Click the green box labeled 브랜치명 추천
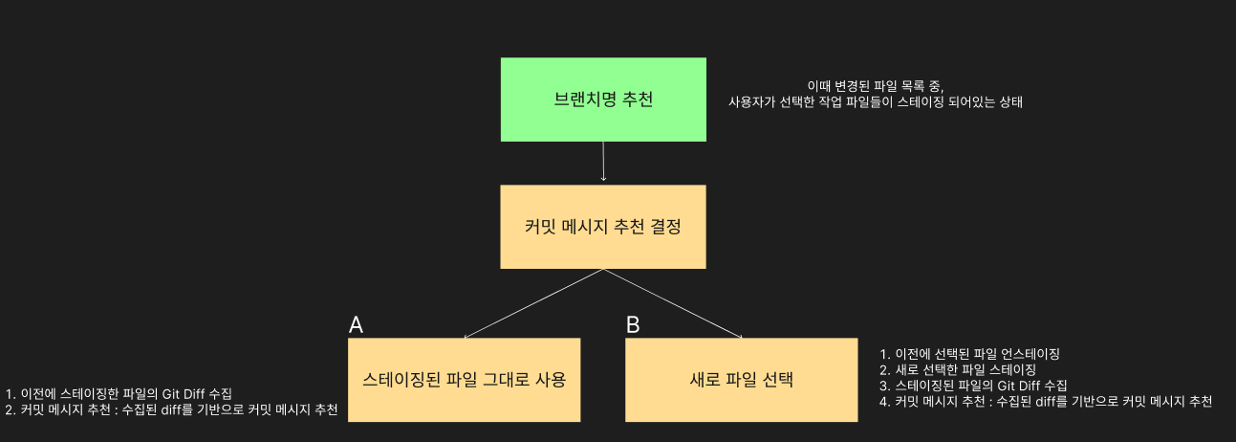603,99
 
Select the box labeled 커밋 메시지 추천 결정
603,227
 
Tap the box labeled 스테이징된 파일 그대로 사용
465,380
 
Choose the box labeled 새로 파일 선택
742,380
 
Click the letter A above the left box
356,325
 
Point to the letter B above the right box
633,325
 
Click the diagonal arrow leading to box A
533,303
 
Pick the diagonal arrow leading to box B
673,303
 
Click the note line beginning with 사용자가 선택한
875,101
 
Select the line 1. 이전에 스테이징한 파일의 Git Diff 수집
119,393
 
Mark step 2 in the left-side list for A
171,409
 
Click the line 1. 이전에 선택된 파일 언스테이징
969,353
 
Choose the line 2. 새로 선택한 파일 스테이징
957,368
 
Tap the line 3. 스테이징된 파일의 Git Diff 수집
966,385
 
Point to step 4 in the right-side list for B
1045,401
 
